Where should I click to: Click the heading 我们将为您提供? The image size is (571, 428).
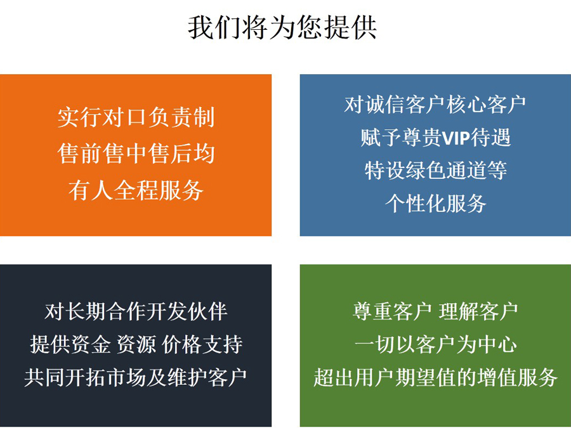click(x=282, y=27)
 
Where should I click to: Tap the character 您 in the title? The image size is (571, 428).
click(x=310, y=27)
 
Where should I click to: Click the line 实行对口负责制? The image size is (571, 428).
click(x=136, y=117)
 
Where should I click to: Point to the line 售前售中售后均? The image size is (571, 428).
click(x=136, y=153)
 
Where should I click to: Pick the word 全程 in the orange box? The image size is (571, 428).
click(x=136, y=190)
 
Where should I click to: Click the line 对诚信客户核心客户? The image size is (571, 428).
click(x=435, y=105)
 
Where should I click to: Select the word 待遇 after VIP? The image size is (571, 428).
click(x=491, y=138)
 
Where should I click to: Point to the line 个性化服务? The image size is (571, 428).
click(x=435, y=204)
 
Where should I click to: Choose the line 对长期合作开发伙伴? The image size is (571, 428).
click(x=136, y=311)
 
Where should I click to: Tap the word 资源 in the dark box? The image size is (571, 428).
click(x=136, y=344)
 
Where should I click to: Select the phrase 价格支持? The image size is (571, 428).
click(x=202, y=344)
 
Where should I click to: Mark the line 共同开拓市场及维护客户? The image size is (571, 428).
click(x=136, y=377)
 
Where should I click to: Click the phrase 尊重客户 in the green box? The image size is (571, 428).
click(x=392, y=311)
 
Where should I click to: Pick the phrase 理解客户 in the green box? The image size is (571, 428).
click(x=478, y=311)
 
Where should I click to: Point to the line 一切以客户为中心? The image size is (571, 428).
click(x=435, y=344)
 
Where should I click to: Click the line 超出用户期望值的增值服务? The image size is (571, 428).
click(x=435, y=377)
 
